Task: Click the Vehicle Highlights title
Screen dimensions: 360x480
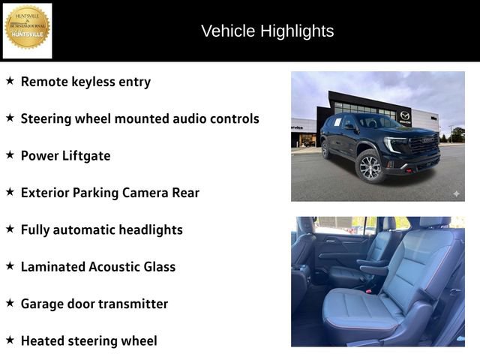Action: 267,31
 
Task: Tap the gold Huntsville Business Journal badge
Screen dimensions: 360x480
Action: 28,28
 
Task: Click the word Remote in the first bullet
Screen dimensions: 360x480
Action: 45,82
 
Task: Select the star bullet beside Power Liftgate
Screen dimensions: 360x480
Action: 10,154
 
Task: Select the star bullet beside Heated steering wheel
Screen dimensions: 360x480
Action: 10,340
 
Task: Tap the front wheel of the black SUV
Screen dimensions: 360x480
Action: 370,166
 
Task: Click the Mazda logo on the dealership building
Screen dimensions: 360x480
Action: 405,115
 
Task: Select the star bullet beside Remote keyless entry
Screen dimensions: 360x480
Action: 10,81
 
